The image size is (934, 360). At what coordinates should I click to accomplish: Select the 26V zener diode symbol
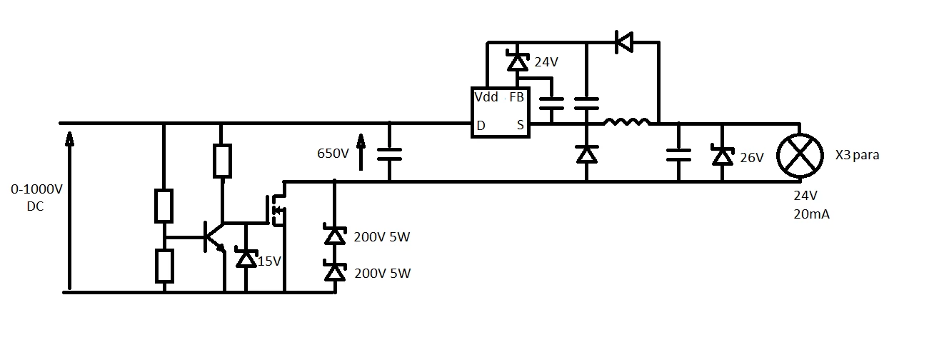pos(723,156)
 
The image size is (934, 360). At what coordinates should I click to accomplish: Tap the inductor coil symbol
pos(627,122)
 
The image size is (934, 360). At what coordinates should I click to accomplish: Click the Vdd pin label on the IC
pos(486,97)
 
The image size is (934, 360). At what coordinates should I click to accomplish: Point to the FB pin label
pos(516,97)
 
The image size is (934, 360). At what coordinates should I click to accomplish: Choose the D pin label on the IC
pos(481,126)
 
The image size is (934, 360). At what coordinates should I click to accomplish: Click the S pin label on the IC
pos(521,125)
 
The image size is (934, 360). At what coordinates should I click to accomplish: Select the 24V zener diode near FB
pos(518,61)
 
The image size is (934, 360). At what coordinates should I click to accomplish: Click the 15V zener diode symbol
pos(246,259)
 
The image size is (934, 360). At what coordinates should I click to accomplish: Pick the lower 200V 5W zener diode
pos(335,271)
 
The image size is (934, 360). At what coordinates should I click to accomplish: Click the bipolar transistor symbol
pos(214,236)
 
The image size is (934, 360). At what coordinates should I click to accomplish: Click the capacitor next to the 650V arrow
pos(389,154)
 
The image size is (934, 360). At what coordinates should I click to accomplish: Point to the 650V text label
pos(333,154)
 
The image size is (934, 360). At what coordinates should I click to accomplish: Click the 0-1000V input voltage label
pos(36,197)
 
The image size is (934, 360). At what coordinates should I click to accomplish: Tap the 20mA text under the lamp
pos(811,214)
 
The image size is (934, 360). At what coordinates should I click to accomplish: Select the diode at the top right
pos(624,42)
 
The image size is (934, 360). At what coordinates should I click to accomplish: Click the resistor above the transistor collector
pos(222,161)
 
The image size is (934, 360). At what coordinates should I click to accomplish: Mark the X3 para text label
pos(858,155)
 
